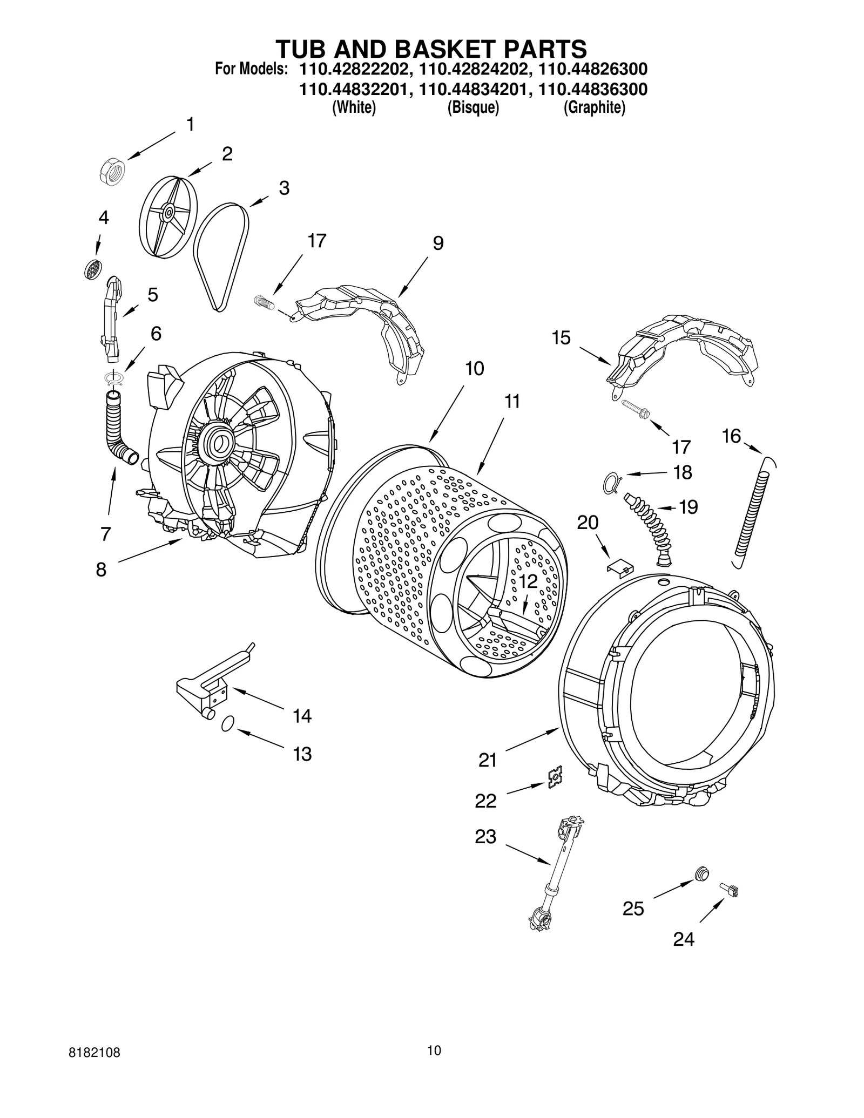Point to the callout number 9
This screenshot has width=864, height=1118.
click(x=438, y=243)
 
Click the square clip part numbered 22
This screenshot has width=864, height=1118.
click(x=555, y=777)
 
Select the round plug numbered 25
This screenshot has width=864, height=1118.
click(x=701, y=873)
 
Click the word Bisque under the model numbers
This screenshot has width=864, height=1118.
click(x=473, y=108)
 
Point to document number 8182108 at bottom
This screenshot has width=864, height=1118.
click(x=94, y=1068)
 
